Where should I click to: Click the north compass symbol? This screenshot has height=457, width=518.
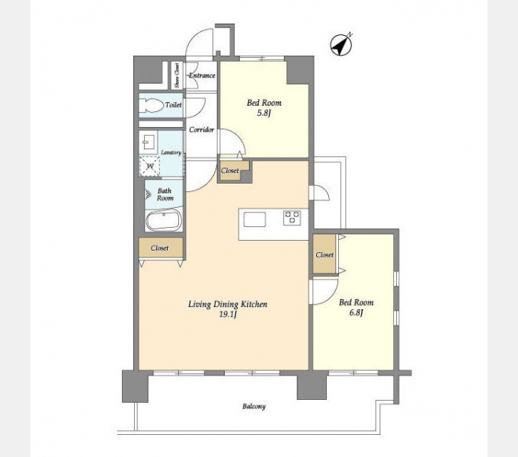[341, 45]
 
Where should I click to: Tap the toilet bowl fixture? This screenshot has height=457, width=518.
[152, 106]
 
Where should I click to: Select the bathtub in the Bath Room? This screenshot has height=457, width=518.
[163, 220]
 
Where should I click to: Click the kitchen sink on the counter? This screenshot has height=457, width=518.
[254, 219]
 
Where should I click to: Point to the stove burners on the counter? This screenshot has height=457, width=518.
[292, 218]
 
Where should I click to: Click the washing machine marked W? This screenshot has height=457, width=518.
[149, 165]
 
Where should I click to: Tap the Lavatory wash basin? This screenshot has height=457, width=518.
[149, 142]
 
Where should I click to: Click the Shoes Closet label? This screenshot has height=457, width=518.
[177, 75]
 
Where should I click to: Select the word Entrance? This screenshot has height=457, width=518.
[202, 75]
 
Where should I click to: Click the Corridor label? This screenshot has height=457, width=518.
[202, 129]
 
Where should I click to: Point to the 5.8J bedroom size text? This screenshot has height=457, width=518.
[264, 113]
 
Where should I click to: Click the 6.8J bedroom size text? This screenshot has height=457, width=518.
[357, 312]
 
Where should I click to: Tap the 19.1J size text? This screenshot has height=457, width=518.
[228, 315]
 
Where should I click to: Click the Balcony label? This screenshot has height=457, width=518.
[254, 406]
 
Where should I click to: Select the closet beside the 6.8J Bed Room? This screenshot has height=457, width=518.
[325, 254]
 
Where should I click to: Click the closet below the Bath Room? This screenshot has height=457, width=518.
[161, 248]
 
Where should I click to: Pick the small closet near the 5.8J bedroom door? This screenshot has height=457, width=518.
[232, 171]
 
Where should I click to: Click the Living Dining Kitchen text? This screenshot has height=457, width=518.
[228, 305]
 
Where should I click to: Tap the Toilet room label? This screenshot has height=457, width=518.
[174, 105]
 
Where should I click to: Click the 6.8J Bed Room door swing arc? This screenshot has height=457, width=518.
[331, 296]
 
